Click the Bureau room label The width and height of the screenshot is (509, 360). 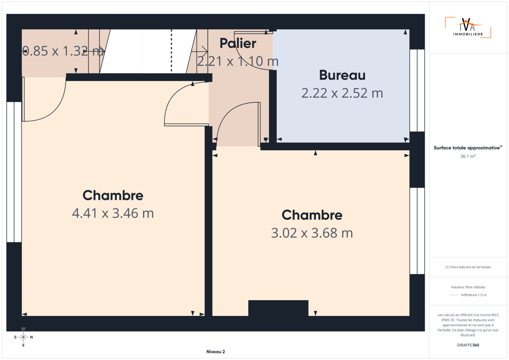342,75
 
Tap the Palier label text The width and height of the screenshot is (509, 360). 238,43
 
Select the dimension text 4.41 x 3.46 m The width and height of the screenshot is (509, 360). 113,213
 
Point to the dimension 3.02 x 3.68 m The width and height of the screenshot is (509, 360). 312,233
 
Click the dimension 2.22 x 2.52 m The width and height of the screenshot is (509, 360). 342,93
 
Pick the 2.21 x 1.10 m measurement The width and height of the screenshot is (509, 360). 238,61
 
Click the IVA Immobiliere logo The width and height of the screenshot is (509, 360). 468,27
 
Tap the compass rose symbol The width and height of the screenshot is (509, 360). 23,337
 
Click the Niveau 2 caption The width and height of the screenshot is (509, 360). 216,352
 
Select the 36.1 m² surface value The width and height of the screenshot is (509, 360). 468,156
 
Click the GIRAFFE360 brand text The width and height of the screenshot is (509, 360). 468,345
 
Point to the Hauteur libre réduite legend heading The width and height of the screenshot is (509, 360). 468,287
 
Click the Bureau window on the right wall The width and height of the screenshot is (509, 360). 417,90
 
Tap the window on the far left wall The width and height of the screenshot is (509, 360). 14,172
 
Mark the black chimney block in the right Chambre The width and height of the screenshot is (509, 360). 278,308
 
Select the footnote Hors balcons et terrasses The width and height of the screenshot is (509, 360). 468,267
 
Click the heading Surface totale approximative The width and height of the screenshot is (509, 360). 467,148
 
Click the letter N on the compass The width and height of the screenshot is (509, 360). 31,337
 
